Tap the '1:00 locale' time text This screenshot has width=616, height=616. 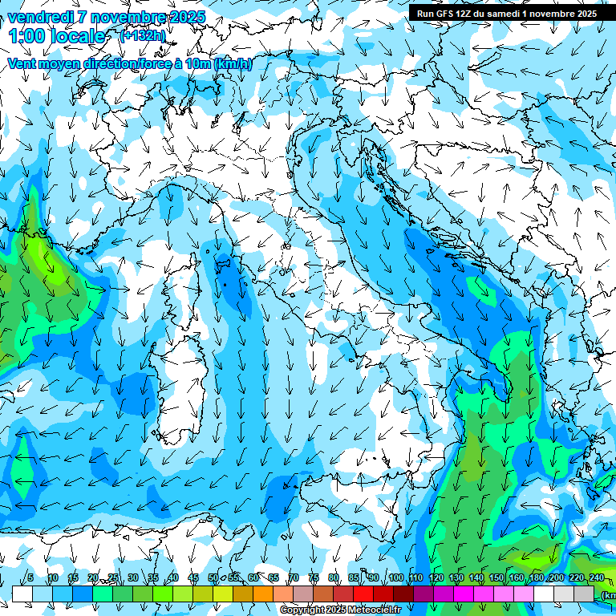(x=57, y=36)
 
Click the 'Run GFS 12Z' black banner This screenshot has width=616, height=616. (x=506, y=13)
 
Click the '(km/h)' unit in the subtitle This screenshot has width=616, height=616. (x=233, y=63)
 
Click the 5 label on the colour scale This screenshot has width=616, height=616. (x=30, y=578)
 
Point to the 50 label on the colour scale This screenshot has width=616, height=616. (x=213, y=578)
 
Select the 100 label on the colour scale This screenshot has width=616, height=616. (x=395, y=578)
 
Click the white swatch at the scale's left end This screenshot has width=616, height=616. (x=22, y=594)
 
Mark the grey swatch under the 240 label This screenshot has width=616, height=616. (x=584, y=594)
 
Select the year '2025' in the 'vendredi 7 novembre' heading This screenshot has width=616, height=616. (x=185, y=17)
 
